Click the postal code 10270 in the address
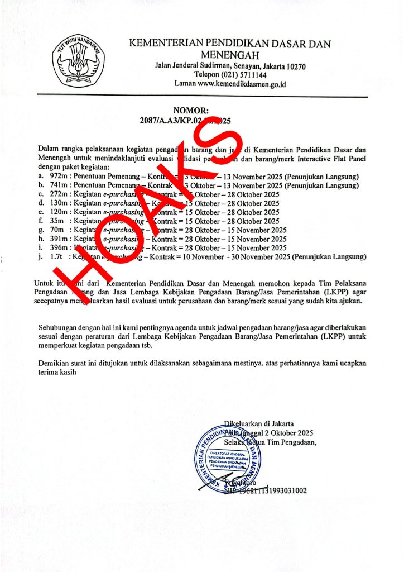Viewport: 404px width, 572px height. pyautogui.click(x=294, y=66)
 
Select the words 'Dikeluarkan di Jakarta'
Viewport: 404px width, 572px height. pyautogui.click(x=258, y=423)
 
